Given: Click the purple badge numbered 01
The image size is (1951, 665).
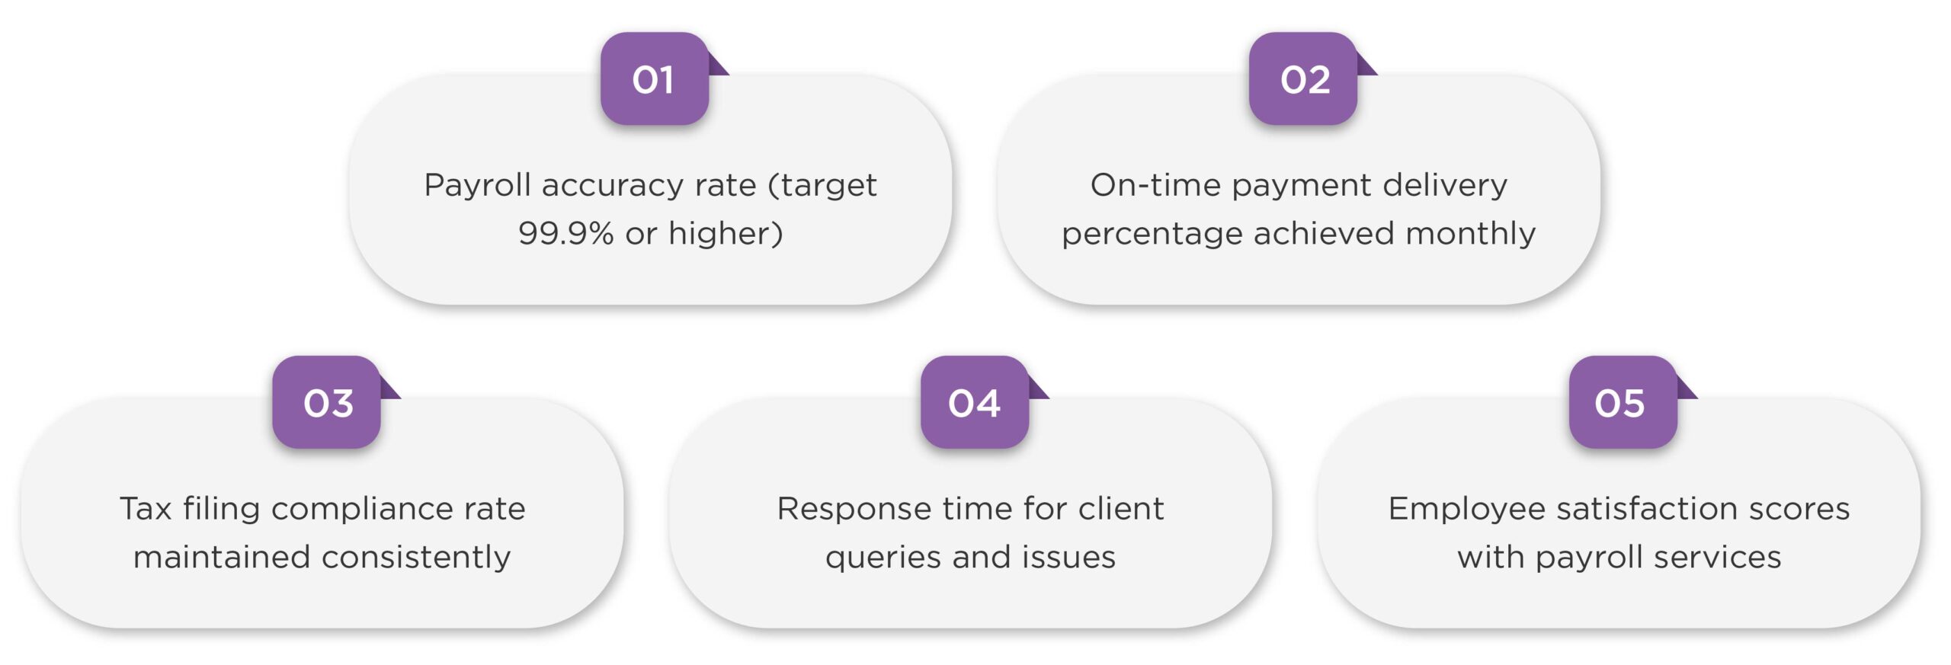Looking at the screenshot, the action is coord(655,78).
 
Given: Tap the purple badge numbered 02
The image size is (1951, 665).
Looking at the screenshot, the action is coord(1303,78).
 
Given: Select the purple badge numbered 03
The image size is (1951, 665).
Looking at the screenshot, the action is coord(327,402).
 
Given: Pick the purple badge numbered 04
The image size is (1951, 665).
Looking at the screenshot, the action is coord(975,402).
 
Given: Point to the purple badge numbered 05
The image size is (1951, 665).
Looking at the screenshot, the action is coord(1623,402).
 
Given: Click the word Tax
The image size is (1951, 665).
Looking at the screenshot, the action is coord(146,509).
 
